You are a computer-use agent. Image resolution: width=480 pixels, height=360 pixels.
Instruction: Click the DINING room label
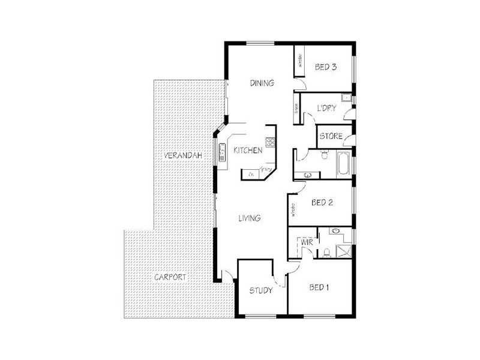coord(262,83)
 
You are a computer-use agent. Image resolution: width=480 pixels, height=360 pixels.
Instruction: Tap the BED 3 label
coord(325,67)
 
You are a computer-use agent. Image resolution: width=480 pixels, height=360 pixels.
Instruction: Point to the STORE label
coord(330,137)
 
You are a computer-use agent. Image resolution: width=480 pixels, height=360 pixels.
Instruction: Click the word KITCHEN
coord(248,151)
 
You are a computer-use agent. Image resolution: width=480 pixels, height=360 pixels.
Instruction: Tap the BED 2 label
coord(322,203)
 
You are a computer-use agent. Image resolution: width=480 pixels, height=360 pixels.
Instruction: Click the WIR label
coord(306,242)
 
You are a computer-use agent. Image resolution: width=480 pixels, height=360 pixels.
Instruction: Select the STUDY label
coord(261,291)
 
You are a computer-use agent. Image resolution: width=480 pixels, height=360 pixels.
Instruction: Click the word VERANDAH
coord(181,156)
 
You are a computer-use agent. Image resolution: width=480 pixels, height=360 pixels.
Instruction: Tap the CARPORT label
coord(170,278)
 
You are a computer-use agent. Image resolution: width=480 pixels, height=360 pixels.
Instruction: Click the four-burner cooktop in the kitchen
coord(270,143)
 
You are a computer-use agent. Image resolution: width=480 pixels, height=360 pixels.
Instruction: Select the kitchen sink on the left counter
coord(221,152)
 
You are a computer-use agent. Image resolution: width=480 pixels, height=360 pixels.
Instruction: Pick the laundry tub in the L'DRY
coord(346,99)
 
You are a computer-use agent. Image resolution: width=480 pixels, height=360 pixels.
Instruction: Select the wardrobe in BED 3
coord(298,61)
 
